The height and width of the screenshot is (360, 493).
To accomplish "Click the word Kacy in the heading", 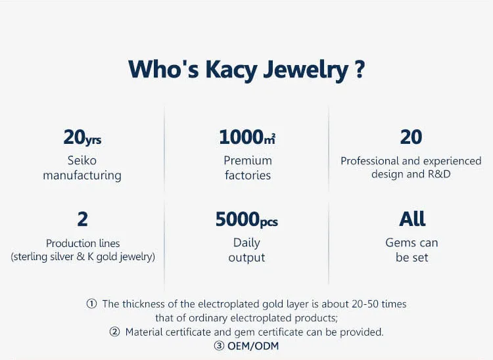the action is pos(231,70).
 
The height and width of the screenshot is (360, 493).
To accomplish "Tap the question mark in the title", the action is pos(360,69).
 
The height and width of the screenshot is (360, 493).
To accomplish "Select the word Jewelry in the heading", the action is pos(306,70).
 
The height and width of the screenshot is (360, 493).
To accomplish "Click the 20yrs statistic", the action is pos(82,137).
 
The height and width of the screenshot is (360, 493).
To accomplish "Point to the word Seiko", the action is pos(82,160).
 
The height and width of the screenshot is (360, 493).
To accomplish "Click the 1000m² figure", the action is pos(247,137).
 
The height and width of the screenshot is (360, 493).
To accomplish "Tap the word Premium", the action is pos(248,160).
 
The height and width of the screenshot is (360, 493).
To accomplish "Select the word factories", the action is pos(248,175).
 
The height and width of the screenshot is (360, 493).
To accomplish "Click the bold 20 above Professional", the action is pos(411,137).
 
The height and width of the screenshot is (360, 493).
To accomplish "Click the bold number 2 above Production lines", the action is pos(82,219).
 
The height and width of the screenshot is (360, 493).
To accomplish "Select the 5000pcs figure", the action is pos(246,219).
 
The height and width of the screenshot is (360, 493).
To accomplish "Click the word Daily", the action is pos(246,243).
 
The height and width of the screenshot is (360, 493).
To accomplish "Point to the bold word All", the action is pos(412,219).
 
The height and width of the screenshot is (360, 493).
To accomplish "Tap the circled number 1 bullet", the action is pos(91,304).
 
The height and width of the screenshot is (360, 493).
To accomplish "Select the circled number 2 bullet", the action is pos(115,332).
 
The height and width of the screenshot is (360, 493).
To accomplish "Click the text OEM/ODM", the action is pos(253,346).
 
